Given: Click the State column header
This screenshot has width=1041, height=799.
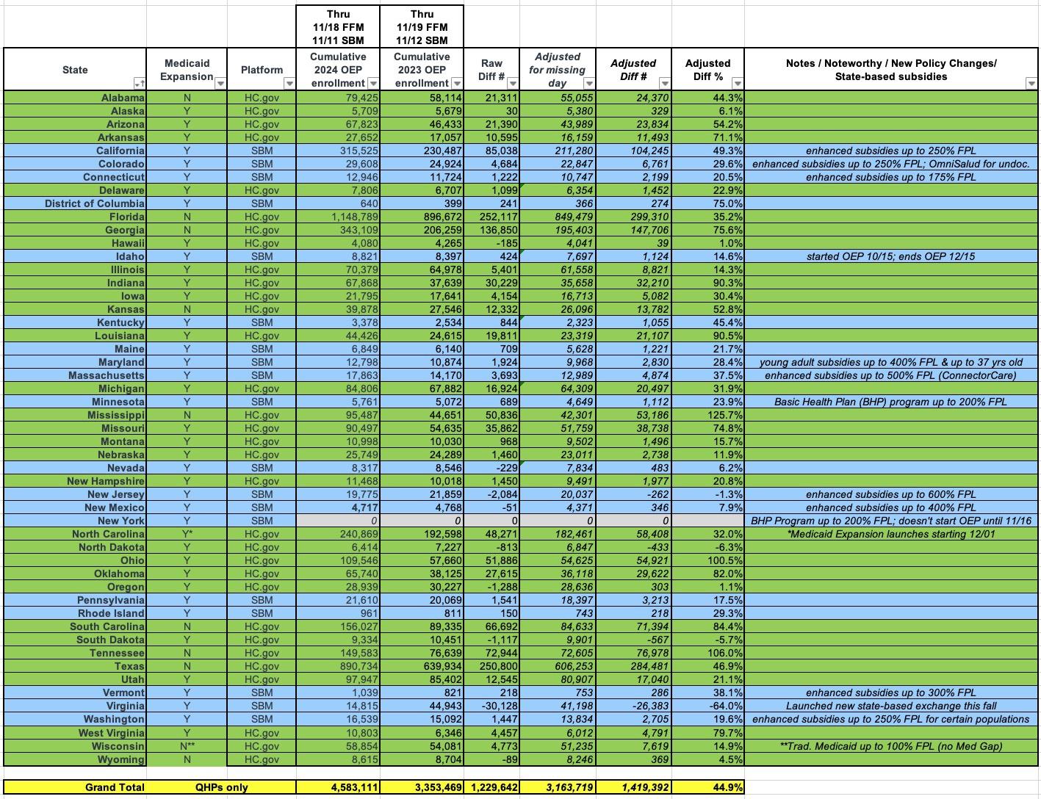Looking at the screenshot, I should pos(74,70).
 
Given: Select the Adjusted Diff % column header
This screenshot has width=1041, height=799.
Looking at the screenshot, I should pos(707,70).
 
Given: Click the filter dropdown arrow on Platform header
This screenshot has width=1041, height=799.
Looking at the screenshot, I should pos(289,84).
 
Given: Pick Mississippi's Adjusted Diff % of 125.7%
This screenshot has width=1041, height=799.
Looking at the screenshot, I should pos(723,415).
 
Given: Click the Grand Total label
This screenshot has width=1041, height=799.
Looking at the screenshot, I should pos(114,787).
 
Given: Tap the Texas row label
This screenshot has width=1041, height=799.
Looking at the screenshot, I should pos(129,666).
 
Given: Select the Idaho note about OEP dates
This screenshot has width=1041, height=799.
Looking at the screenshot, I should pos(890,256).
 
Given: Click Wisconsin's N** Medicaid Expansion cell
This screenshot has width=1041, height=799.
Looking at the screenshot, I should pos(187,746).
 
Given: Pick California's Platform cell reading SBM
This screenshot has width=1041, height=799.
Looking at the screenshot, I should pos(262,151).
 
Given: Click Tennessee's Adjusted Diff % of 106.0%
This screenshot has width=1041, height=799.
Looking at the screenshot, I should pos(723,653).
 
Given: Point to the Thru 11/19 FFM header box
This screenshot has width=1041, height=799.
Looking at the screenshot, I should pos(421,27).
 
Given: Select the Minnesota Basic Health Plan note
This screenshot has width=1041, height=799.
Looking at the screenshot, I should pos(890,402).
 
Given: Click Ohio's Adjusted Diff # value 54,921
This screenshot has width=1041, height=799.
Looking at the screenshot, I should pos(643,560).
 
